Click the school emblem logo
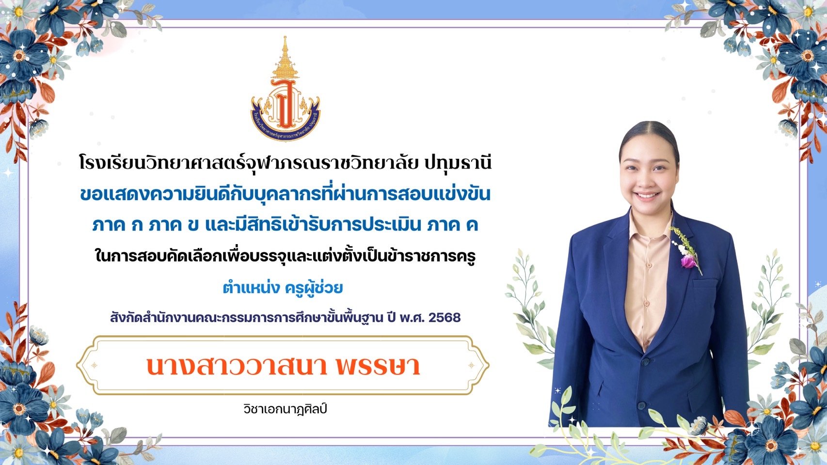285,89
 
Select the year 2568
445,317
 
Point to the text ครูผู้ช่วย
314,288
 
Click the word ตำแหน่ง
251,288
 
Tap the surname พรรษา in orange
379,366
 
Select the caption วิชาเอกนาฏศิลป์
285,409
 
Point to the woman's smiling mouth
647,195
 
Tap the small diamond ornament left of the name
94,365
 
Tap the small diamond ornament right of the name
471,365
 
